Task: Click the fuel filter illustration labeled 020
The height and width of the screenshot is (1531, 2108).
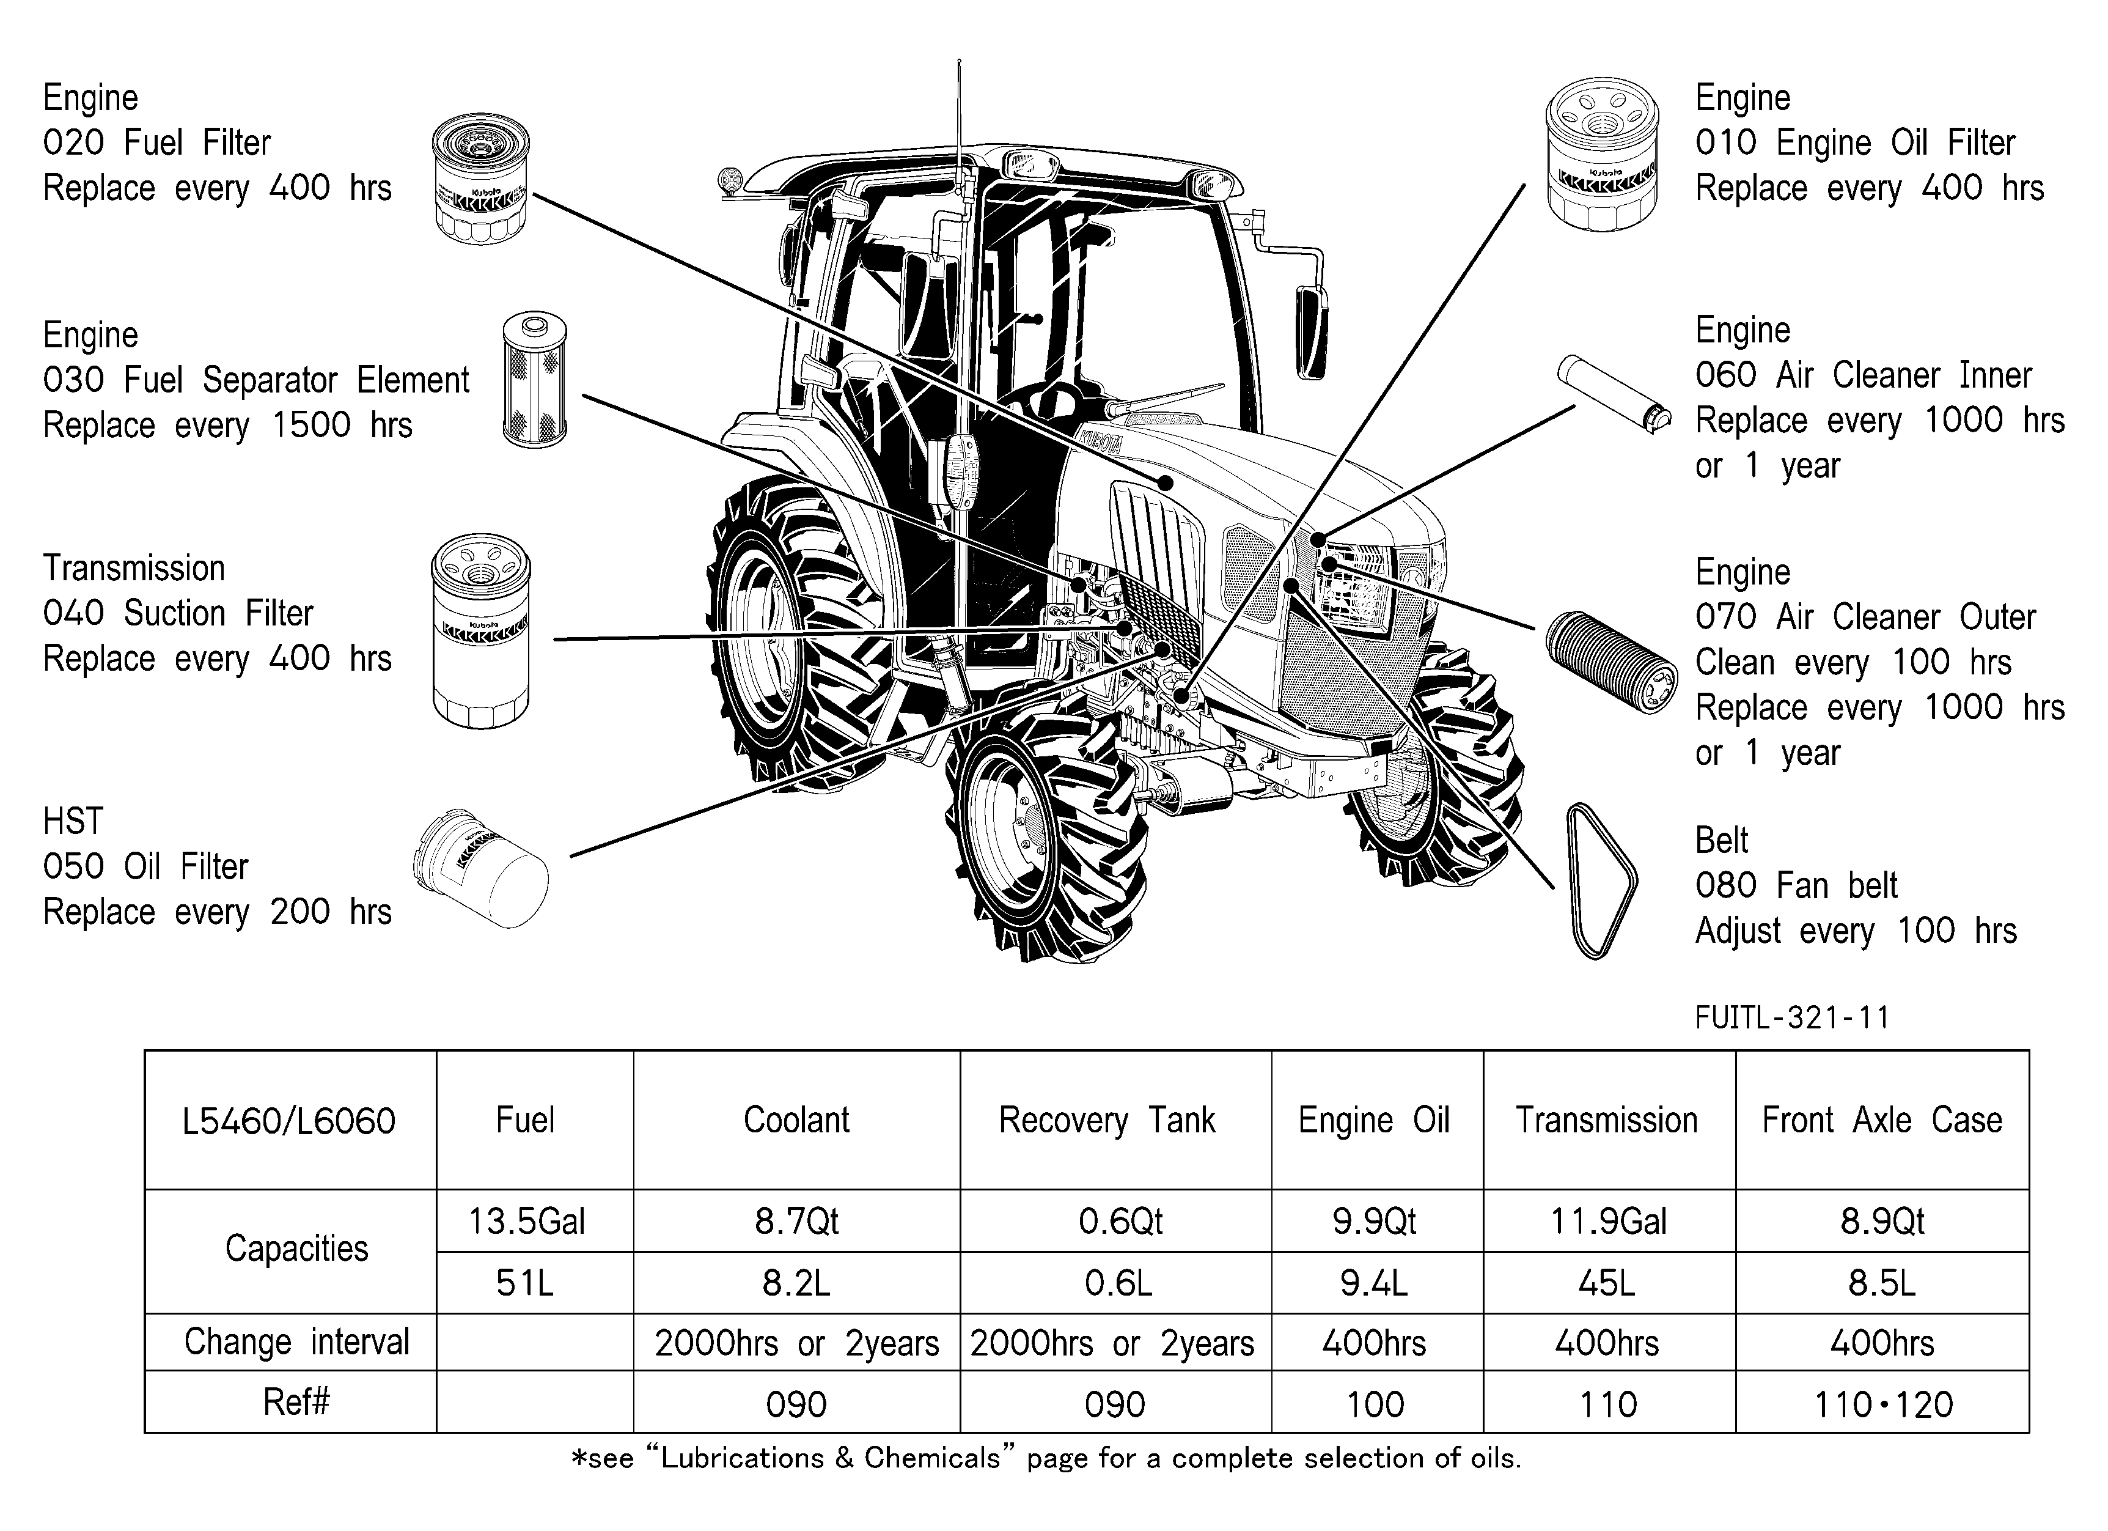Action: pos(480,179)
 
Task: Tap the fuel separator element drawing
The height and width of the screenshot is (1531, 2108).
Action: pos(534,380)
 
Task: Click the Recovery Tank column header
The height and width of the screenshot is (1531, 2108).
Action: pos(1107,1120)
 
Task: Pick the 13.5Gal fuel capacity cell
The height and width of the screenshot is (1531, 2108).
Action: pos(527,1220)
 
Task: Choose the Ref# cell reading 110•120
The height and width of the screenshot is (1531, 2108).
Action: pos(1883,1404)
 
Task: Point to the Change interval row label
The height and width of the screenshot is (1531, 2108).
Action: pos(296,1342)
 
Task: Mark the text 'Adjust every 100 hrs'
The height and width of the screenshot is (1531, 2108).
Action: pos(1855,931)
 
